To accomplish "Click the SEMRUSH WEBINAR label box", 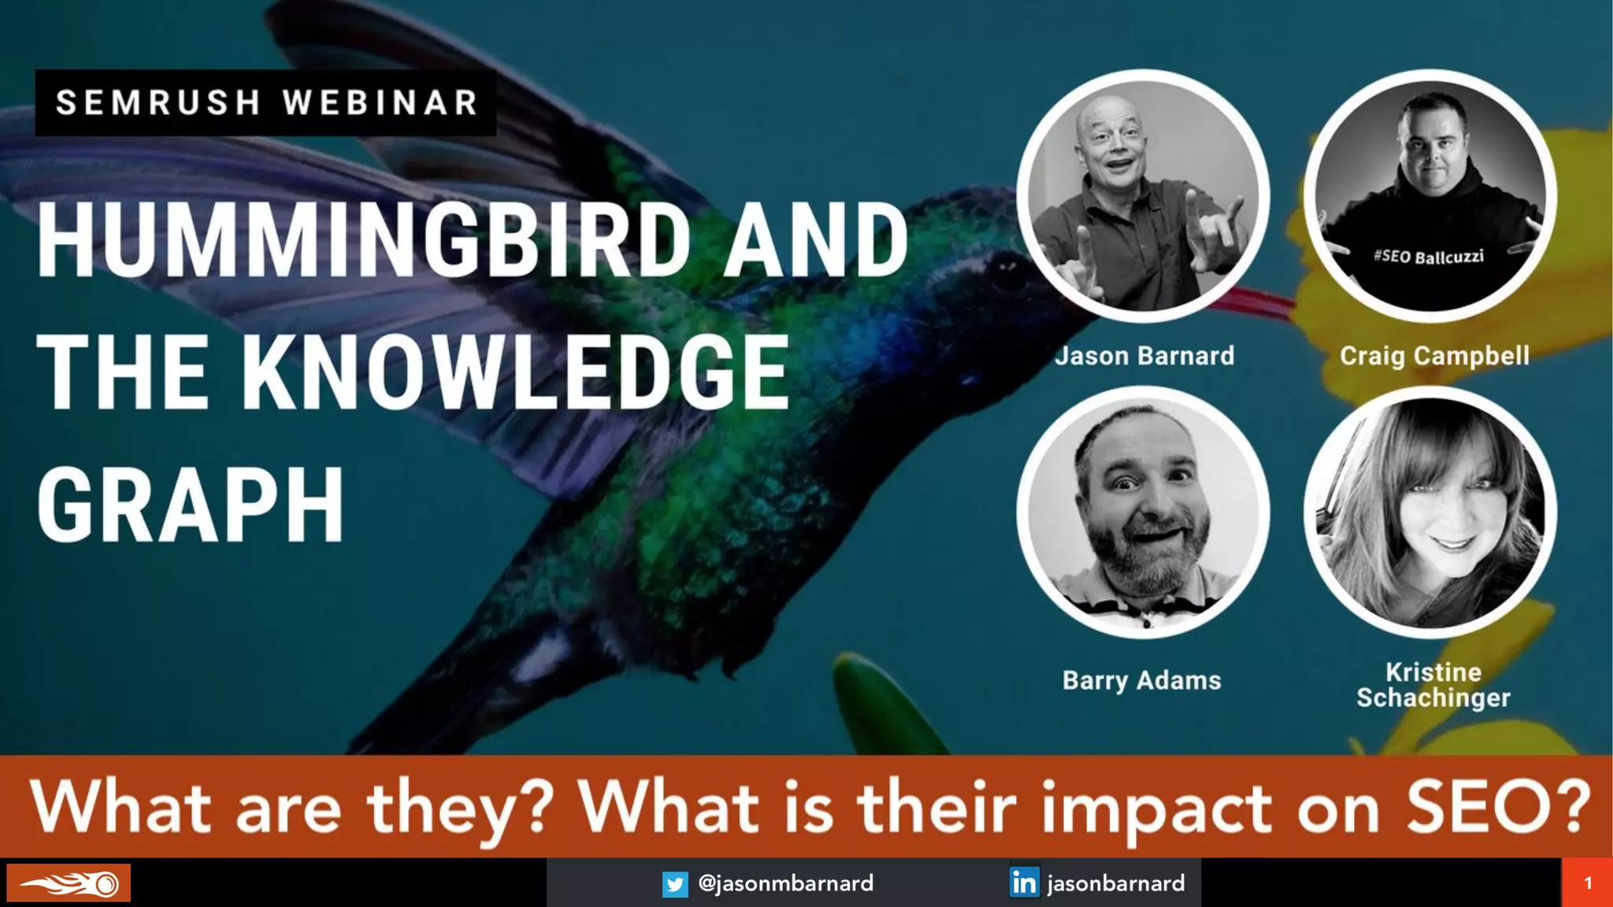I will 266,102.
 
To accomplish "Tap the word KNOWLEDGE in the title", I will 515,372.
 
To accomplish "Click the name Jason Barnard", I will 1144,356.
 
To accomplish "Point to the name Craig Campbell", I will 1434,356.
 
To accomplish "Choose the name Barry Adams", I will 1142,679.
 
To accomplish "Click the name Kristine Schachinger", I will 1433,685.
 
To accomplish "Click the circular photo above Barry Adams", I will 1143,512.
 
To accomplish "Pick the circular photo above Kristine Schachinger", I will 1430,512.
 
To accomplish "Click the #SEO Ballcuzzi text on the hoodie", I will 1428,257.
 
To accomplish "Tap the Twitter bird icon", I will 675,884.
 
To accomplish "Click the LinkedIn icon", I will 1024,883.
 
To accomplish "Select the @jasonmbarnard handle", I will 785,883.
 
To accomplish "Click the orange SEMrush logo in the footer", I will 69,883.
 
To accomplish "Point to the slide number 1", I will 1587,883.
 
